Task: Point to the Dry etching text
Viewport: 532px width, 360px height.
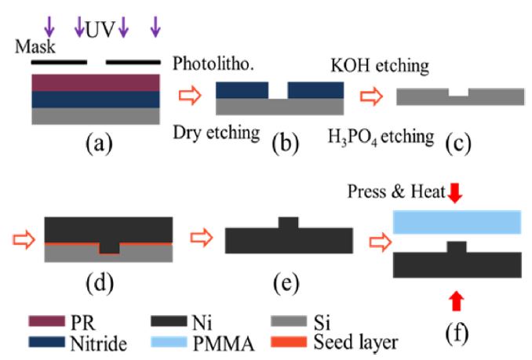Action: tap(217, 133)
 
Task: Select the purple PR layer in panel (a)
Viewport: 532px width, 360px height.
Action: tap(95, 82)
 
